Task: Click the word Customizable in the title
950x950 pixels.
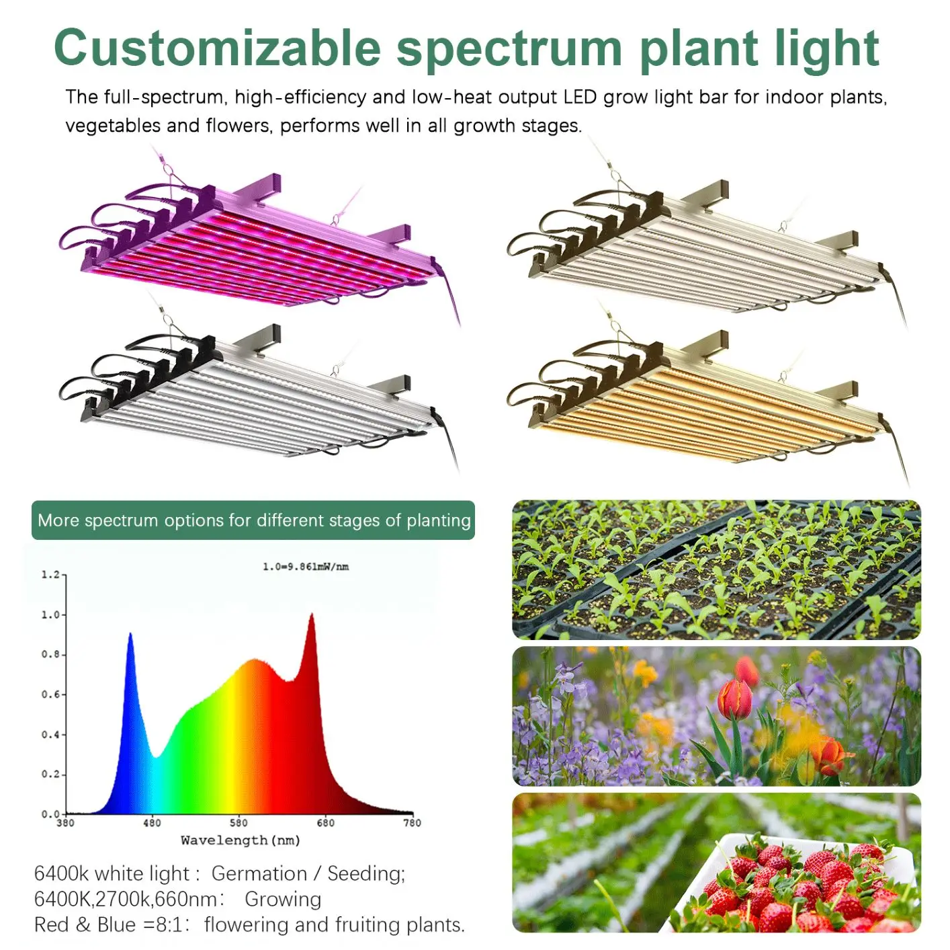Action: pyautogui.click(x=217, y=48)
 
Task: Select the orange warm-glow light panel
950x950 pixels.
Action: pyautogui.click(x=699, y=403)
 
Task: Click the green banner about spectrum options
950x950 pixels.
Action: pyautogui.click(x=253, y=520)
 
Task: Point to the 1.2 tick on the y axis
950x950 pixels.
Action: pyautogui.click(x=50, y=575)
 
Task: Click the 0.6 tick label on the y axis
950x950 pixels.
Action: pyautogui.click(x=50, y=695)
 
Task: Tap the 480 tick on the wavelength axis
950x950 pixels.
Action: pyautogui.click(x=153, y=823)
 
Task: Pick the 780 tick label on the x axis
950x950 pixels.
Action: pyautogui.click(x=412, y=823)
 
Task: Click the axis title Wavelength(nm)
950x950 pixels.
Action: pyautogui.click(x=241, y=840)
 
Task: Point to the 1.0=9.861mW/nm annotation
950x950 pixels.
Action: pyautogui.click(x=306, y=567)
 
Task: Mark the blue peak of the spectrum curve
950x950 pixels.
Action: pyautogui.click(x=130, y=636)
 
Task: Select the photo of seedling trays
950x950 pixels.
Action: pyautogui.click(x=716, y=569)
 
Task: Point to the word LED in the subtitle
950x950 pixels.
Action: pyautogui.click(x=580, y=97)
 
